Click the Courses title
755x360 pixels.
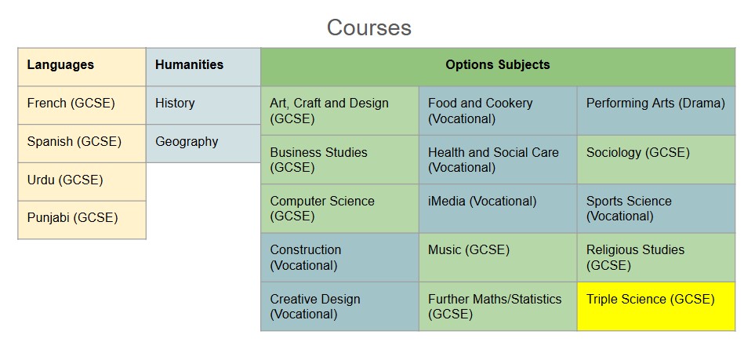point(368,27)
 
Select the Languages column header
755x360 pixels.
point(82,67)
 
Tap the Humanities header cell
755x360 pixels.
point(203,67)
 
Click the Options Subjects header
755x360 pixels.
point(498,67)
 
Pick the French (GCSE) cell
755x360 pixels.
point(82,106)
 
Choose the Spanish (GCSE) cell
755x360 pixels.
point(82,144)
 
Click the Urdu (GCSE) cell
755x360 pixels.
point(82,182)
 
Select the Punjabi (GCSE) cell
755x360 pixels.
point(82,220)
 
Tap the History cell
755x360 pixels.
point(203,106)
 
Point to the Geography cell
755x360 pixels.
point(203,144)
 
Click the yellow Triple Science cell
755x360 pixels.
point(656,307)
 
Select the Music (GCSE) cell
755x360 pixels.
point(498,257)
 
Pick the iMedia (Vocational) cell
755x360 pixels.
point(498,209)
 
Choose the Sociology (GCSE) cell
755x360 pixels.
point(656,159)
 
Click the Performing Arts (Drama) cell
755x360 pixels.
point(656,111)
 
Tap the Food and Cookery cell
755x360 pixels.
point(498,111)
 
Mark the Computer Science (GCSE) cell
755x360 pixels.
point(340,209)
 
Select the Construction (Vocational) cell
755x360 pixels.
point(340,257)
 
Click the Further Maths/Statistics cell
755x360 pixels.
point(498,307)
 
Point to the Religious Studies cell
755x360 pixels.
point(656,257)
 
